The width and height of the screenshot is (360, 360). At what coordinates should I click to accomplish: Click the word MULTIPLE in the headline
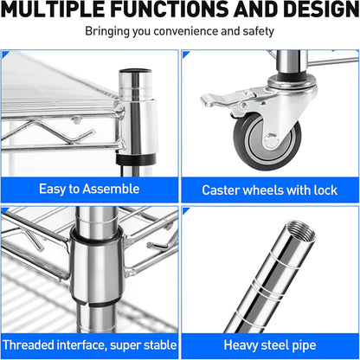[53, 9]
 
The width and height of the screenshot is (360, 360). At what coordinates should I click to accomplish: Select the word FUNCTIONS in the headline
[170, 9]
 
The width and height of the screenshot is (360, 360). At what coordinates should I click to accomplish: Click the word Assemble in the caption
[111, 189]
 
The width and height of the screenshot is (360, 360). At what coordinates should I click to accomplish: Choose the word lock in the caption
[325, 190]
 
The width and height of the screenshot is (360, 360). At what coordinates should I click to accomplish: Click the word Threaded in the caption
[29, 345]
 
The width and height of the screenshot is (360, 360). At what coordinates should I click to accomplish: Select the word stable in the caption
[160, 345]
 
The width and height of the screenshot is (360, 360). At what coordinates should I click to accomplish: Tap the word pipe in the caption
[305, 346]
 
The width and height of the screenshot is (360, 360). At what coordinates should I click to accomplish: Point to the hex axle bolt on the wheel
[272, 142]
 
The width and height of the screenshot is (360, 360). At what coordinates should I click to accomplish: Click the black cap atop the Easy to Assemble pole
[136, 71]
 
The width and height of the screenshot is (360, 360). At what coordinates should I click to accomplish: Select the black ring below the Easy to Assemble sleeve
[136, 159]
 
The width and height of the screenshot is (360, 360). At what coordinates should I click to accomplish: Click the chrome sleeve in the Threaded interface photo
[97, 268]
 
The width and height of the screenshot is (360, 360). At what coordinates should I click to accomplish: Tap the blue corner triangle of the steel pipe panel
[185, 210]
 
